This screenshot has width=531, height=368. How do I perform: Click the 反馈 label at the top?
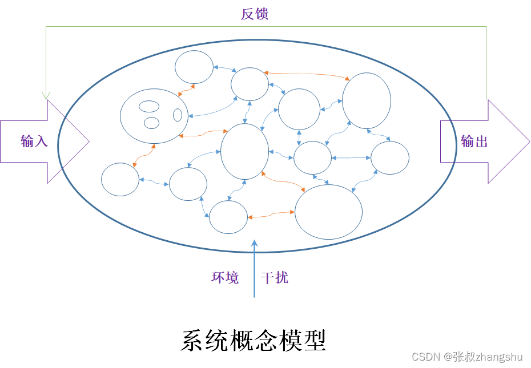coord(255,14)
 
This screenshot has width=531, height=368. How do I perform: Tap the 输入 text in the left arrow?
coord(34,141)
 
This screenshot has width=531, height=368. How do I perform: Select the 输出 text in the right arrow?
coord(474,141)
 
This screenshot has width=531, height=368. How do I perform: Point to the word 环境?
coord(225,278)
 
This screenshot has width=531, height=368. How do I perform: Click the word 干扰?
coord(275,278)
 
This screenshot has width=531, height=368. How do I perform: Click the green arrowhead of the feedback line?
coord(46,95)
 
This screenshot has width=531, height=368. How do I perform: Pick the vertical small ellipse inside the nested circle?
coord(178,115)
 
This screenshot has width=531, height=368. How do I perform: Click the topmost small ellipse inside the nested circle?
coord(149,106)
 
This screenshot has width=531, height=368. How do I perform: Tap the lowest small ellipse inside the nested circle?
coord(151,123)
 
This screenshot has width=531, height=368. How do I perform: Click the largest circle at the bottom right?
coord(328,211)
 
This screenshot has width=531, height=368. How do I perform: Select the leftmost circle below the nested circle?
coord(120,179)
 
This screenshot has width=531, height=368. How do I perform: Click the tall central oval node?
coord(244,151)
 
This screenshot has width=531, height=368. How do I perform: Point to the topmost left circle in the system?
coord(194,67)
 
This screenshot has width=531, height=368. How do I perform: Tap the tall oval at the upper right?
coord(367,100)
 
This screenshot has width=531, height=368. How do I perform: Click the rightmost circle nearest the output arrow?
coord(390,157)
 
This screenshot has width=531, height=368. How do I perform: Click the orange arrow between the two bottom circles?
coord(271,215)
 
